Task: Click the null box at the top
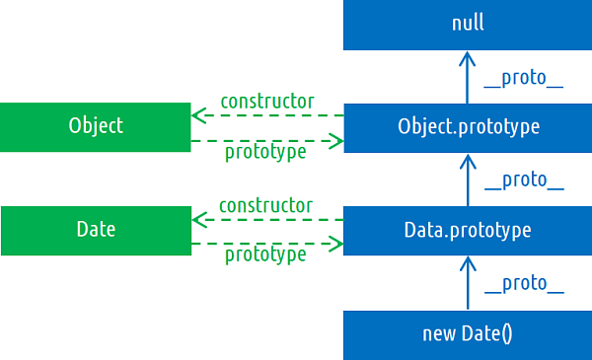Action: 468,25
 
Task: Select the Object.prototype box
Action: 468,127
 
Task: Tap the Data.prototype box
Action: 468,231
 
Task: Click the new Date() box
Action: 468,334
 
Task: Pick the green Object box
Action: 96,126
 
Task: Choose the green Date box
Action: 96,230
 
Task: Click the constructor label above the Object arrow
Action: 266,101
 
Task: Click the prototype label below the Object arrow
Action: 265,152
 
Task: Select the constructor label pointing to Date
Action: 265,205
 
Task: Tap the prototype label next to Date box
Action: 265,254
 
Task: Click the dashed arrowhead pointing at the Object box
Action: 197,115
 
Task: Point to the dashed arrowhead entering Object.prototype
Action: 336,141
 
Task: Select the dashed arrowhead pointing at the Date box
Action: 197,219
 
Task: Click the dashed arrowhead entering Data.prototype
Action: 336,244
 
